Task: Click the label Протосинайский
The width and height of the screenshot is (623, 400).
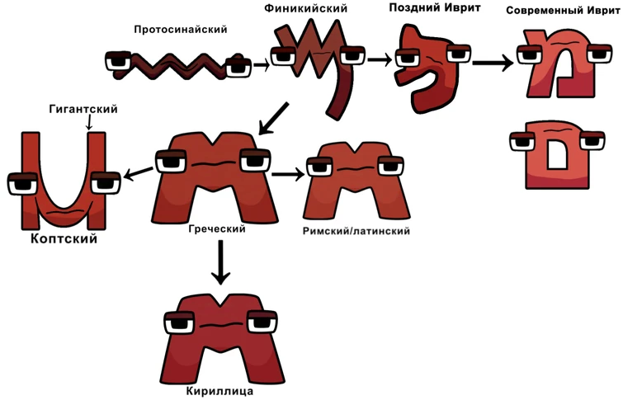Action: coord(180,30)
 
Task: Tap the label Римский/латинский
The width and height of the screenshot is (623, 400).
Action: coord(357,231)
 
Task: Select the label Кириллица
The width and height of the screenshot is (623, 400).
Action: coord(219,391)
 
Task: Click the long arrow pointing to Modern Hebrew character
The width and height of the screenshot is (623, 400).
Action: coord(493,62)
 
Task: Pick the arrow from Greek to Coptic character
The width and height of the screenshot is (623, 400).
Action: coord(138,172)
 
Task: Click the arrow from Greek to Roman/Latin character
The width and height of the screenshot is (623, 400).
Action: coord(287,174)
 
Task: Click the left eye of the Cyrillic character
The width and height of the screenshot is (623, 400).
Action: coord(180,322)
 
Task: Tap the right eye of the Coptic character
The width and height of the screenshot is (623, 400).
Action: coord(106,183)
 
